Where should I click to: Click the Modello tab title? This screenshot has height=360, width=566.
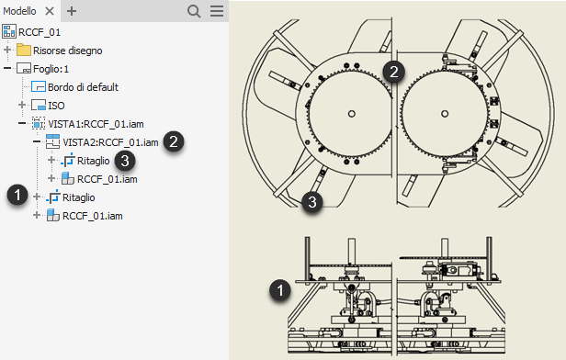tap(19, 11)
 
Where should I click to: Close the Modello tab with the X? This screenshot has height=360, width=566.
tap(50, 11)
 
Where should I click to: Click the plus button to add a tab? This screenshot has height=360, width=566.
tap(72, 11)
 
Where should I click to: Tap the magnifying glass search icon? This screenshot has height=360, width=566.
tap(194, 11)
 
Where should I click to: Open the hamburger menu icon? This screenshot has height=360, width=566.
tap(217, 11)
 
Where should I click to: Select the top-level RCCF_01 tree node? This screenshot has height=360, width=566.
tap(40, 32)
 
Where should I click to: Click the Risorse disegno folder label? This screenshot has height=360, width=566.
tap(67, 51)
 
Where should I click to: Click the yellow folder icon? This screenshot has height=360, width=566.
tap(24, 50)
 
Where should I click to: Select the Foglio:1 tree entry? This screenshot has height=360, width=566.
tap(51, 69)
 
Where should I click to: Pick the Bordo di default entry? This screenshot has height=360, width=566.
tap(83, 87)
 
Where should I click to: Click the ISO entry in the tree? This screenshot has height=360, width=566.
tap(56, 106)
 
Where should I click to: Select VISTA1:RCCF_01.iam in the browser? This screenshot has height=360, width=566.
tap(96, 124)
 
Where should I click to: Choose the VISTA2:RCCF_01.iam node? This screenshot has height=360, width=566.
tap(110, 142)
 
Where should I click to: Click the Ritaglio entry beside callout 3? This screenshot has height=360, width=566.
tap(94, 161)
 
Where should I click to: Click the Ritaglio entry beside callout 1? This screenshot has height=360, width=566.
tap(79, 197)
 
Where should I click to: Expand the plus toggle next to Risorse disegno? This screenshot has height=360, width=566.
tap(7, 50)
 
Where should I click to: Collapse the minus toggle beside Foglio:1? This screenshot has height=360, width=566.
tap(7, 68)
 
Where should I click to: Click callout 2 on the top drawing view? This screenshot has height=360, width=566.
tap(394, 72)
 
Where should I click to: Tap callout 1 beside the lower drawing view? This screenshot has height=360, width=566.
tap(280, 290)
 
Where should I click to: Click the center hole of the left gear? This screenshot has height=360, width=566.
tap(352, 114)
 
